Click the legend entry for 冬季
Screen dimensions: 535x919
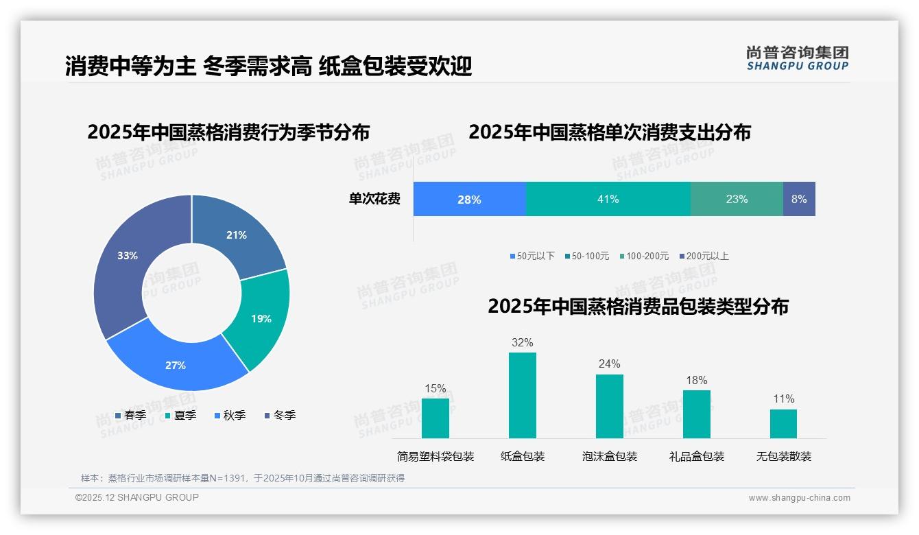click(279, 415)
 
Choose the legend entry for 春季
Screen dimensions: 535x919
click(130, 415)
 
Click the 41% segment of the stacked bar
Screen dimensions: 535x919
click(608, 199)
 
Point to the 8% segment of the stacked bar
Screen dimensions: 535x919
click(799, 199)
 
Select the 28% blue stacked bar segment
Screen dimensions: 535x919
click(469, 199)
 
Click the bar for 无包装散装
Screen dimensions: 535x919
click(783, 423)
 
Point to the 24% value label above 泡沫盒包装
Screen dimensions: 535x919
click(609, 364)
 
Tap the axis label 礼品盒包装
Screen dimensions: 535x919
click(696, 456)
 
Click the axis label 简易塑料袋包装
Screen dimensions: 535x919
click(435, 456)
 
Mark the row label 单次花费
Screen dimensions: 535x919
click(374, 199)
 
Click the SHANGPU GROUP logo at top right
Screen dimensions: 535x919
click(797, 58)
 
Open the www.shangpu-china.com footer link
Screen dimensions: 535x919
click(799, 497)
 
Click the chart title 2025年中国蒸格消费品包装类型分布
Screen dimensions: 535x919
click(638, 306)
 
